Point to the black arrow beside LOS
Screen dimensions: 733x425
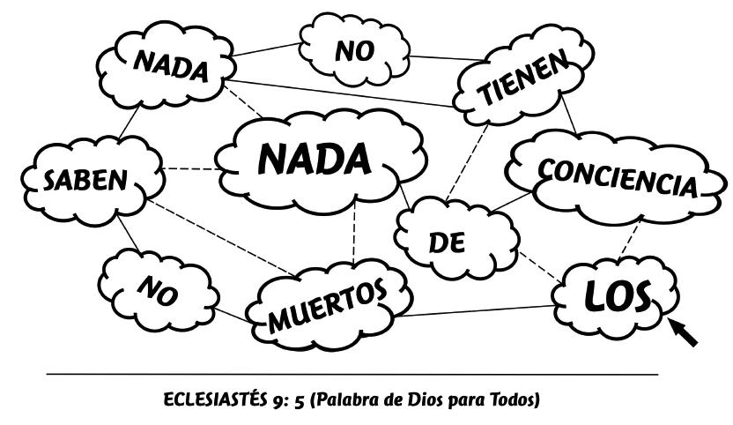tap(686, 332)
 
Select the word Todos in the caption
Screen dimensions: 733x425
tap(513, 397)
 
